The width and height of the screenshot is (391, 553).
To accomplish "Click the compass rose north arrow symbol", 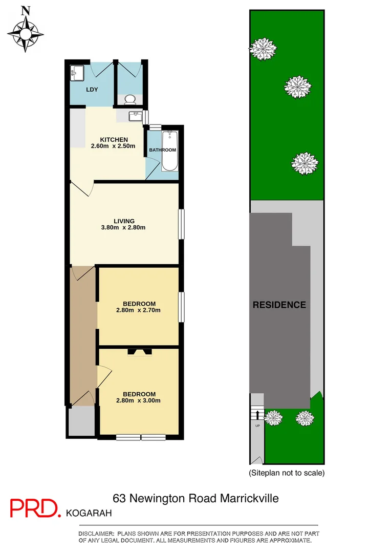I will (25, 31).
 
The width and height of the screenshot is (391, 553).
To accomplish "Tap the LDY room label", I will (92, 90).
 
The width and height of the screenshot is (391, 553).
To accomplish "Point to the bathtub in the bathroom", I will (170, 151).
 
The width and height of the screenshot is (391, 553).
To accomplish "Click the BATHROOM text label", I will (162, 150).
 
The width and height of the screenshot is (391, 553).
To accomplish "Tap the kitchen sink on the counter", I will (136, 116).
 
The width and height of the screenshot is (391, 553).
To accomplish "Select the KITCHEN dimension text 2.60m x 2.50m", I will (113, 146).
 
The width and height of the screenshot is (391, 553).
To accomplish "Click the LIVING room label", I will (124, 221).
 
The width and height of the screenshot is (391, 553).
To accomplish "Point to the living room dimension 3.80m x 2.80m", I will (125, 228).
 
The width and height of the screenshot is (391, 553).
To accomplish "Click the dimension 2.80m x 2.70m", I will (139, 310).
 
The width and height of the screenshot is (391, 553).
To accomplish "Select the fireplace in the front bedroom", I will (139, 351).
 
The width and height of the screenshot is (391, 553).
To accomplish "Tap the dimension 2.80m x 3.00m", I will (139, 401).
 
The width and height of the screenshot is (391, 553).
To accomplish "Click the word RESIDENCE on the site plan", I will (279, 305).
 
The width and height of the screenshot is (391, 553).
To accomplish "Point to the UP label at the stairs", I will (257, 426).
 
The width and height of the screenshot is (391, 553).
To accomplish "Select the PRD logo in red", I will (35, 507).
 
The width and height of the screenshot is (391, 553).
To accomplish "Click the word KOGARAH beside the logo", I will (89, 512).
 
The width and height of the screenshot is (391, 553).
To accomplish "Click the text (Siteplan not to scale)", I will (287, 473).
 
